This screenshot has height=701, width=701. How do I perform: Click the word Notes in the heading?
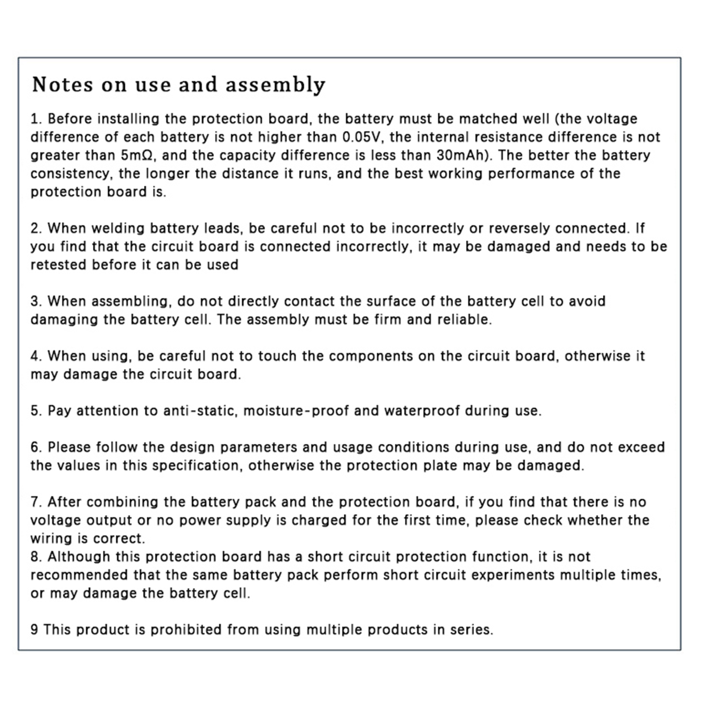(x=63, y=84)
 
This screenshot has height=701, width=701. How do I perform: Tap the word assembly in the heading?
(x=276, y=85)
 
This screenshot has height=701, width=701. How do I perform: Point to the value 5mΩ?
(x=136, y=156)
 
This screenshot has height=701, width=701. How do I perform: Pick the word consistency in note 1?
(x=68, y=174)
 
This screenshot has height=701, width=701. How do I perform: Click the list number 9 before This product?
(x=34, y=630)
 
